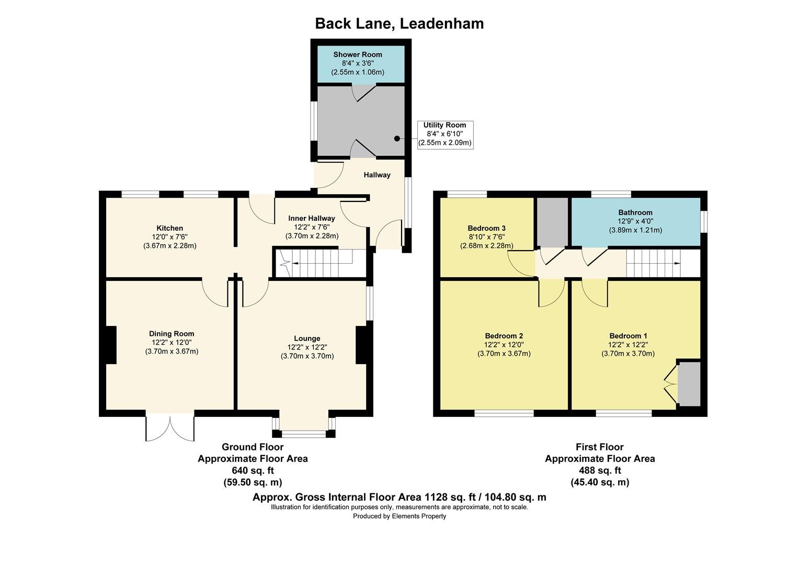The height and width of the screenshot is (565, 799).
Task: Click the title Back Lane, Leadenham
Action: [399, 24]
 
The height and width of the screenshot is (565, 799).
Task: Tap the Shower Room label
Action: [358, 54]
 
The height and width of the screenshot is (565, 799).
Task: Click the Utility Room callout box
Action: [444, 134]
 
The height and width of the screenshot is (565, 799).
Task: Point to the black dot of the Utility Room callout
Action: [397, 139]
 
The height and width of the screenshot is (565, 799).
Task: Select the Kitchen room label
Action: [169, 228]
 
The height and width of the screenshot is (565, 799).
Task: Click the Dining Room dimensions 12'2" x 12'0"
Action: [172, 343]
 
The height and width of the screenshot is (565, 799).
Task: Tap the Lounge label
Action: [307, 338]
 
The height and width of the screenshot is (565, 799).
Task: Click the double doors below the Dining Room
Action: [170, 428]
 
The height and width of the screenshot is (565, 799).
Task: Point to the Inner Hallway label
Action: [312, 218]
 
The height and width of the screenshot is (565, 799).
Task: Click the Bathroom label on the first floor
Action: [635, 212]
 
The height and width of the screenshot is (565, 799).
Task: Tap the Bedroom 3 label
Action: [486, 228]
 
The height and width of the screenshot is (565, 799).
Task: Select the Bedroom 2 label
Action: [504, 336]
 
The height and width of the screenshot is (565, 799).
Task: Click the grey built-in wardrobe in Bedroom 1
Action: [689, 383]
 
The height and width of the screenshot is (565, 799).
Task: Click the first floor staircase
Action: [654, 263]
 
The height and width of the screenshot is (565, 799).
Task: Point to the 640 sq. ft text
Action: [253, 470]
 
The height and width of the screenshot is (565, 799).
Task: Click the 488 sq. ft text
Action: [600, 470]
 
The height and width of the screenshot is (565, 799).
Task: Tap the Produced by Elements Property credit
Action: [399, 516]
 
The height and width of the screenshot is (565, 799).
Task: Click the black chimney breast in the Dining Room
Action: [110, 345]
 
